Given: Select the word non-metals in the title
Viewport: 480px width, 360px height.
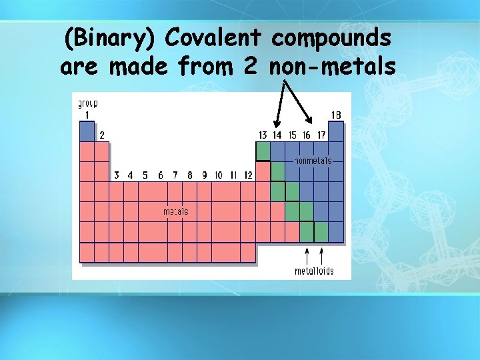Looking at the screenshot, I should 333,67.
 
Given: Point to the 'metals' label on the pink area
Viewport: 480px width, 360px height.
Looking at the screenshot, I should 176,211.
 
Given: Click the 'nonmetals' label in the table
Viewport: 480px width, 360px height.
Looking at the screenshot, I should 313,161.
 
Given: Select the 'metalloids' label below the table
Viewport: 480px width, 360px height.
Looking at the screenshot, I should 314,271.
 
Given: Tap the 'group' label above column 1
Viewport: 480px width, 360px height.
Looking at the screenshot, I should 88,104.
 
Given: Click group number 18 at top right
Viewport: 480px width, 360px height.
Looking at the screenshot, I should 336,115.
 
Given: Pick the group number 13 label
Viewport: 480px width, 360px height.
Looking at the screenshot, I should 263,135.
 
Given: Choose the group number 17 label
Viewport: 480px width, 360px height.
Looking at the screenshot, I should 321,135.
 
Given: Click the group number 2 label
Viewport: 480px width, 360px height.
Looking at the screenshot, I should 102,135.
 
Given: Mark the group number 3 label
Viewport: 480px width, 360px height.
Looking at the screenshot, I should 117,175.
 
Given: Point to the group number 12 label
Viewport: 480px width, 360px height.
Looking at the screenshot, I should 248,175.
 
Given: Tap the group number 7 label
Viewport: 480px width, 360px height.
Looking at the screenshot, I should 175,175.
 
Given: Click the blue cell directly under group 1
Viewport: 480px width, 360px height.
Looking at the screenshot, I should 87,131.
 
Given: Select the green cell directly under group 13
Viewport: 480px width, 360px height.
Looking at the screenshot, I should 263,151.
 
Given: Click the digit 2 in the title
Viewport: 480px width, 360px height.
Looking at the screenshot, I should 252,67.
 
